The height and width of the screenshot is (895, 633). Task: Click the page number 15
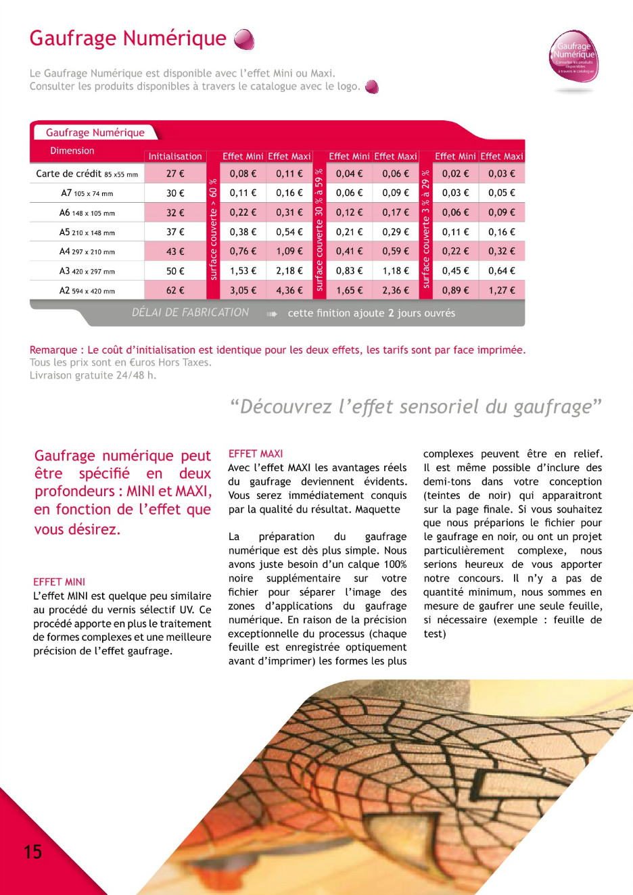click(x=32, y=851)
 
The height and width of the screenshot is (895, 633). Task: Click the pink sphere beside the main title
click(x=244, y=40)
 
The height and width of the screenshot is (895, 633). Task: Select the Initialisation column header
click(x=175, y=156)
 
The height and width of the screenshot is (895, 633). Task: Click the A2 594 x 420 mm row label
click(x=87, y=291)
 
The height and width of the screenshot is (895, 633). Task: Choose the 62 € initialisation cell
click(x=175, y=291)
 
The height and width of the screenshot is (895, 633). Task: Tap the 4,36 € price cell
click(x=289, y=291)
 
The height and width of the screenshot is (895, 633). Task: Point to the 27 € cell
click(x=175, y=174)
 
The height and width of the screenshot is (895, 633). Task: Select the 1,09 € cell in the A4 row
click(x=289, y=251)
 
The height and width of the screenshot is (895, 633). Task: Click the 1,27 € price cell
click(x=502, y=291)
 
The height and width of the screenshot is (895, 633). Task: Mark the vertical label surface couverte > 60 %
click(x=214, y=230)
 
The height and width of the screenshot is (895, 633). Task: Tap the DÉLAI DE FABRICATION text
click(x=190, y=312)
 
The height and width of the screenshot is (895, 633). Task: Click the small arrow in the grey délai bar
click(x=272, y=314)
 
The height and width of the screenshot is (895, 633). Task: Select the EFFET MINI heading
click(x=60, y=581)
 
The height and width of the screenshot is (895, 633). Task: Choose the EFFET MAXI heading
click(x=256, y=454)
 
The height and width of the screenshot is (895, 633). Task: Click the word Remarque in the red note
click(x=53, y=350)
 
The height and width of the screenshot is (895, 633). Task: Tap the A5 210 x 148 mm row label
click(x=87, y=233)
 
